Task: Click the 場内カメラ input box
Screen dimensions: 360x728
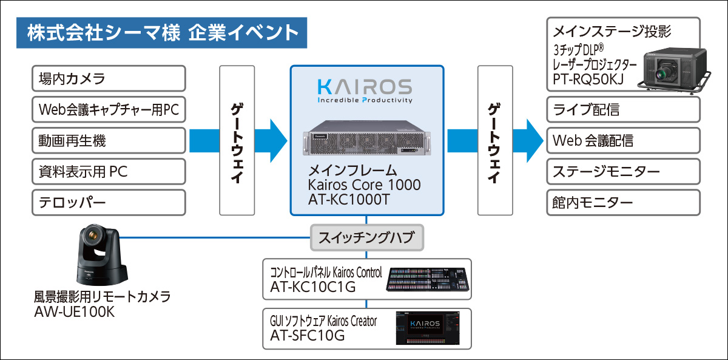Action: pyautogui.click(x=108, y=78)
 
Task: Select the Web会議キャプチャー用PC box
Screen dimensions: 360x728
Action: pyautogui.click(x=108, y=110)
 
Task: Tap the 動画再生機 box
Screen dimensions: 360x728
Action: pyautogui.click(x=108, y=141)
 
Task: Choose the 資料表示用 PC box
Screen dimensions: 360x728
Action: pyautogui.click(x=108, y=172)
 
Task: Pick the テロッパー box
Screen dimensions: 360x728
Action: pyautogui.click(x=108, y=203)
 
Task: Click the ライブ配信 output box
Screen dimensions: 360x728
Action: pyautogui.click(x=624, y=110)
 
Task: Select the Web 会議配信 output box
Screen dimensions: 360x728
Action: pyautogui.click(x=624, y=141)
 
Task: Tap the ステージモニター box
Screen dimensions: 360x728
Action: pyautogui.click(x=624, y=172)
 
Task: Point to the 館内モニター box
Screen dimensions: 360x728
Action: pyautogui.click(x=624, y=203)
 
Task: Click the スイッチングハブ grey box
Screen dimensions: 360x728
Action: pyautogui.click(x=366, y=238)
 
